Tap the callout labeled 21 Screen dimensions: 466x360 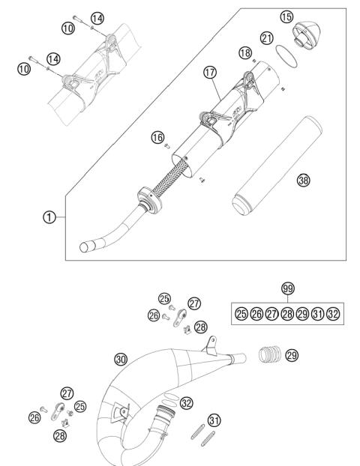pyautogui.click(x=267, y=37)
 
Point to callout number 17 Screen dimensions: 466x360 pyautogui.click(x=210, y=74)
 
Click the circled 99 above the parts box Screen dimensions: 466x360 pyautogui.click(x=288, y=288)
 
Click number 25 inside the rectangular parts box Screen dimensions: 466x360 pyautogui.click(x=242, y=313)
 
